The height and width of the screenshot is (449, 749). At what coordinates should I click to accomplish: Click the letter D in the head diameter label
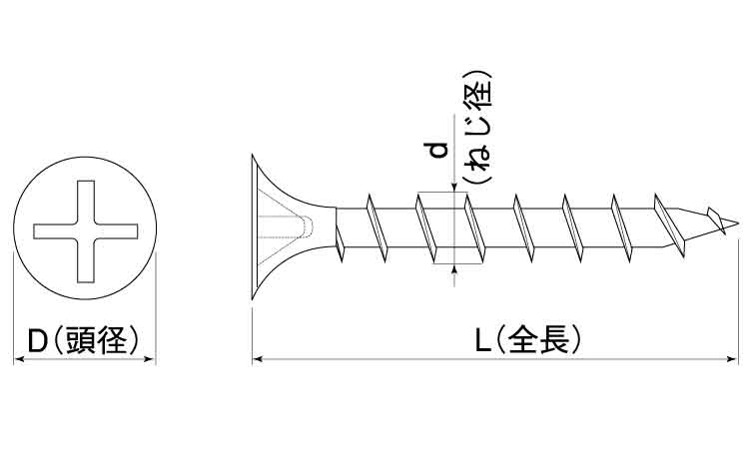coord(37,339)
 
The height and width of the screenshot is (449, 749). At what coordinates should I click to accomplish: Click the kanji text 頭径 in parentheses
coord(97,339)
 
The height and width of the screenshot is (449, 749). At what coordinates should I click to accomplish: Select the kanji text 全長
coord(538,339)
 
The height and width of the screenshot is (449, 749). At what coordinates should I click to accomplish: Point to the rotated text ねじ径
coord(478,128)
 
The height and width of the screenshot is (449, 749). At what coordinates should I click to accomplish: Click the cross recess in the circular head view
coord(86,230)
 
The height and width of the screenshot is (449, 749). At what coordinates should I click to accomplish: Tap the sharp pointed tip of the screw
coord(736,222)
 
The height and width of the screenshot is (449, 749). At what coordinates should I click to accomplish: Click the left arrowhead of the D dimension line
coord(19,359)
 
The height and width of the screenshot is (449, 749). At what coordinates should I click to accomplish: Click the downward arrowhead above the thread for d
coord(453,188)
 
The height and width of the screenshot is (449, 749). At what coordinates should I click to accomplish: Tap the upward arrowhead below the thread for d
coord(453,269)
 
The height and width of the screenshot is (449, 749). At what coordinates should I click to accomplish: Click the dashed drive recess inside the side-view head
coord(286,226)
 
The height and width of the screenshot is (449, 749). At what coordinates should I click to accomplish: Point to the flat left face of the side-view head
coord(253,227)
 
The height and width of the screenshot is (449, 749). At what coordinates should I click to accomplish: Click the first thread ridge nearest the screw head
coord(339,244)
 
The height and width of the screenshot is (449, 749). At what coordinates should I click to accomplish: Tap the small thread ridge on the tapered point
coord(716,220)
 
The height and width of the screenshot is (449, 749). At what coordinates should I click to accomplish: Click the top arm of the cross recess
coord(86,202)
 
